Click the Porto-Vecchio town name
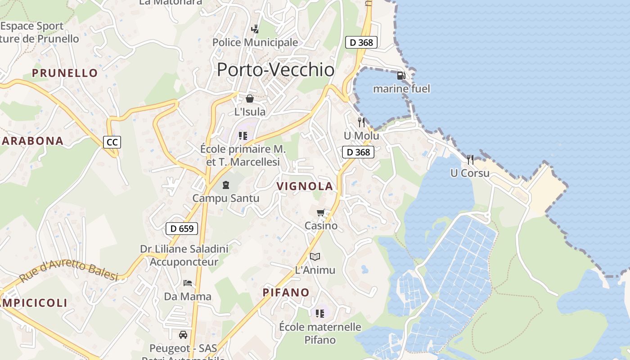click(275, 70)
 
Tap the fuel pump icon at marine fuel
click(401, 76)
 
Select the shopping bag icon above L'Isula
click(250, 99)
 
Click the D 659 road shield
click(182, 228)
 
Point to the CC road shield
click(112, 143)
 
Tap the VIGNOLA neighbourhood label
click(305, 186)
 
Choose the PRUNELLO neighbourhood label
click(65, 73)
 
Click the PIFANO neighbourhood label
click(286, 292)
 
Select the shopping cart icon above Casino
click(321, 212)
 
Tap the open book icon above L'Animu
click(315, 257)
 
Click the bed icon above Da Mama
click(188, 283)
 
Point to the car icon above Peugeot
click(183, 335)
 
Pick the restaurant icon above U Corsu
click(470, 159)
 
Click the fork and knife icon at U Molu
click(361, 122)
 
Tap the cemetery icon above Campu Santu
click(226, 184)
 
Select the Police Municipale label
click(255, 43)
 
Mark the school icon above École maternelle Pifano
click(320, 313)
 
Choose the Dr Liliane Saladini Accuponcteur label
click(184, 255)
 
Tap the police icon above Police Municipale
click(255, 29)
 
